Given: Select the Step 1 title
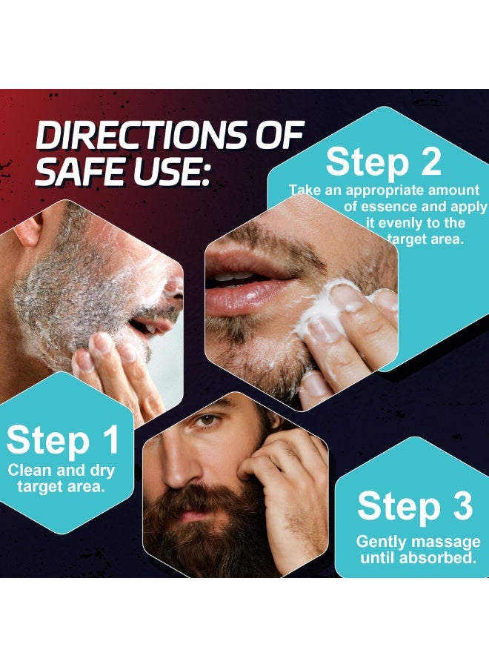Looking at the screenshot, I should (x=63, y=440).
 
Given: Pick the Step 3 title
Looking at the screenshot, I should (x=414, y=507).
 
